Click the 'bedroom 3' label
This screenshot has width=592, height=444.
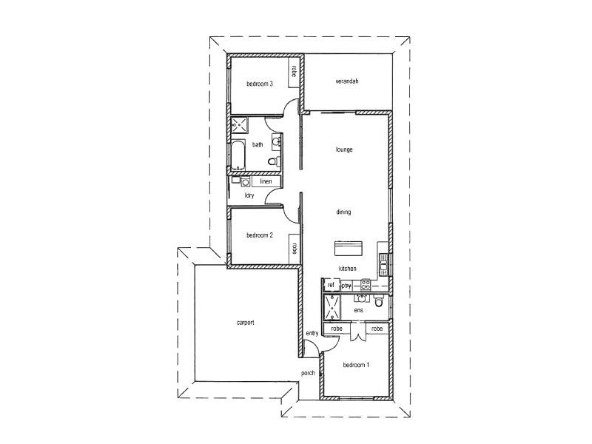(260, 84)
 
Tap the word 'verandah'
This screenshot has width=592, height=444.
(346, 81)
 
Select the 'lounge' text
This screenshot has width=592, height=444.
(344, 149)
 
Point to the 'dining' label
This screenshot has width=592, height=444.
(343, 212)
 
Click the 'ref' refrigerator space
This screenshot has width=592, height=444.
(331, 285)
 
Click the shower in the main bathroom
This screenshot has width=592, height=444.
(238, 125)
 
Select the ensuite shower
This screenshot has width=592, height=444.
(332, 306)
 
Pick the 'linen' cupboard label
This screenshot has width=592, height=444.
(266, 181)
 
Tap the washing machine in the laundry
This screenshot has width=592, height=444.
(245, 181)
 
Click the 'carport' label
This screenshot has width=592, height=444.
(246, 323)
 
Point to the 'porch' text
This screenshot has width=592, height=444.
(309, 373)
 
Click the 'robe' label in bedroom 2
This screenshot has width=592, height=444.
(294, 249)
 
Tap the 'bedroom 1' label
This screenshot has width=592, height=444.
(357, 365)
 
